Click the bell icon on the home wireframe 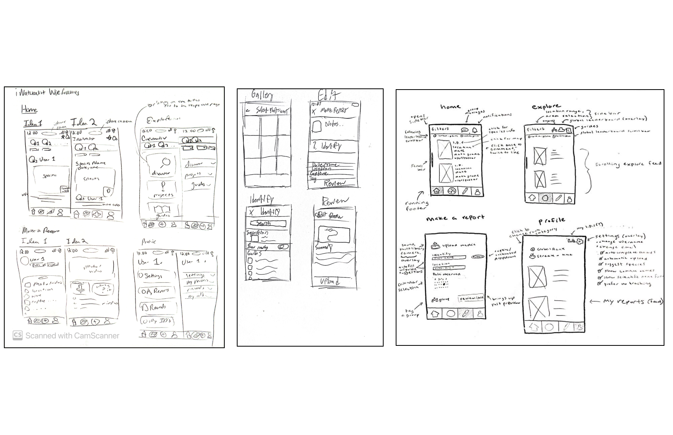(x=475, y=130)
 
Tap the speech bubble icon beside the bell (x=465, y=130)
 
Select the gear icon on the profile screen (x=580, y=241)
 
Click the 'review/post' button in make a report (x=471, y=298)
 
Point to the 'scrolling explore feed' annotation (x=628, y=164)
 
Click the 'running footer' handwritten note (x=417, y=205)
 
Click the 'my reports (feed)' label (x=632, y=301)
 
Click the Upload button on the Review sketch (x=329, y=282)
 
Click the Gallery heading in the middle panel (x=262, y=95)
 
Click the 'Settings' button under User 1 (x=153, y=276)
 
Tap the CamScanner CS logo (x=18, y=335)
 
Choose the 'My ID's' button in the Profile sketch (x=157, y=321)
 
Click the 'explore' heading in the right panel (x=546, y=106)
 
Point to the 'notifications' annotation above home (x=497, y=115)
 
